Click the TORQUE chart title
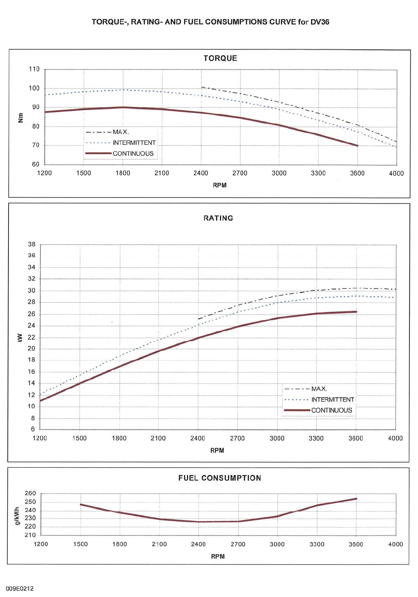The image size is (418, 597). coord(220,58)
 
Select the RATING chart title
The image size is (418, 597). coord(218,218)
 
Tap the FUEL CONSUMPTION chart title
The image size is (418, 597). coord(220,478)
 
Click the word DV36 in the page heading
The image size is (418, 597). coord(320,22)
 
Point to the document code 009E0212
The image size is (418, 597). coord(20,588)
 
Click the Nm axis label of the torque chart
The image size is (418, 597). coord(21,118)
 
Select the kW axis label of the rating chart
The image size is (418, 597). coord(20,338)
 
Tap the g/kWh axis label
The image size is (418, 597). coord(17,516)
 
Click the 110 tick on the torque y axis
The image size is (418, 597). coord(34,69)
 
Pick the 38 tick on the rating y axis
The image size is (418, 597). coord(31,245)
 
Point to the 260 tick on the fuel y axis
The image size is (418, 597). coord(30,493)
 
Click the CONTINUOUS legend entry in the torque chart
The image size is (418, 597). coord(133,154)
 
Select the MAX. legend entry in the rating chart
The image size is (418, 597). coord(319,389)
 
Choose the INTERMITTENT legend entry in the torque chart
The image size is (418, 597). coord(134,143)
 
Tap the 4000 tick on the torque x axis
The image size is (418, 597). coord(396,173)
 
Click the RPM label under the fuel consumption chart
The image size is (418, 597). coord(218,556)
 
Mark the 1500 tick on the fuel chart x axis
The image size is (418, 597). coord(81,544)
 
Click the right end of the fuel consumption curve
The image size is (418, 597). coord(356,499)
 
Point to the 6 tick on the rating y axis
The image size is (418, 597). coord(33,429)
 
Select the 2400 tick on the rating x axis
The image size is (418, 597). coord(198,438)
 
